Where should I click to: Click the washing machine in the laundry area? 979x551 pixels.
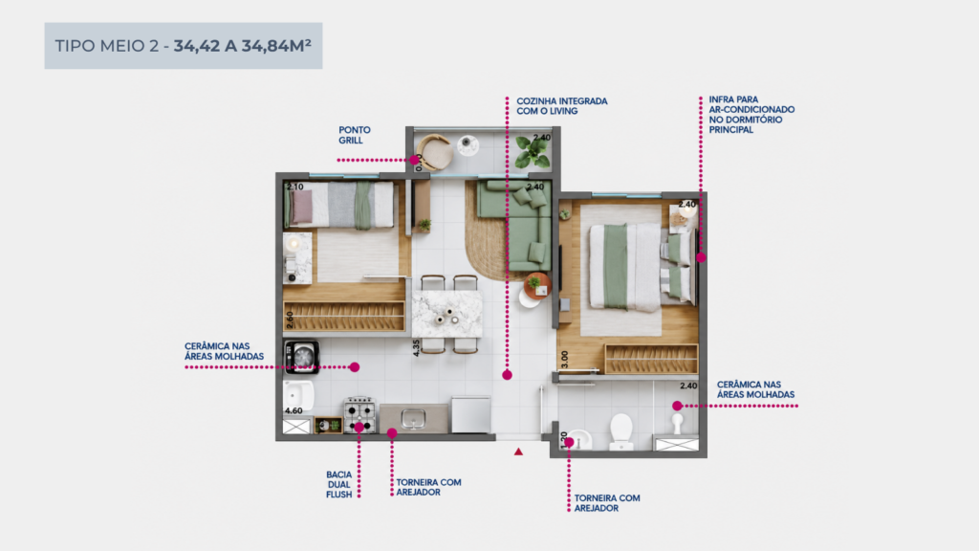click(x=302, y=357)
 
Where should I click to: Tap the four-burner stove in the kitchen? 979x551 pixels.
click(x=360, y=415)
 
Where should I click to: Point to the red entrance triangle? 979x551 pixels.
click(x=518, y=452)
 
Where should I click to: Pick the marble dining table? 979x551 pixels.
click(x=447, y=313)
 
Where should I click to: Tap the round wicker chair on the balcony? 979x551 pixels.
click(x=435, y=151)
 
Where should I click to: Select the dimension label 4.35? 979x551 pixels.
click(x=417, y=348)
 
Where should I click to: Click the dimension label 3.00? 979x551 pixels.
click(x=564, y=360)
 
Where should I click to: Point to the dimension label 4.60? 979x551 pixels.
click(x=294, y=410)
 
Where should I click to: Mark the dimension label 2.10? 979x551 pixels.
click(x=295, y=187)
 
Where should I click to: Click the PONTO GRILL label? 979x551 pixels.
click(x=355, y=135)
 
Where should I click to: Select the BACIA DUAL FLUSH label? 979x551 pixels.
click(x=339, y=484)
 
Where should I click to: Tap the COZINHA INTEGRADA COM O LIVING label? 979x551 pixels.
click(x=562, y=106)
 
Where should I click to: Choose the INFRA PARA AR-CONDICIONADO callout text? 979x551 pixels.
click(x=751, y=115)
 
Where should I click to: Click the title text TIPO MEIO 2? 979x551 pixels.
click(x=107, y=46)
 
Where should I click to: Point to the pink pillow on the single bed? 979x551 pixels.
click(x=303, y=207)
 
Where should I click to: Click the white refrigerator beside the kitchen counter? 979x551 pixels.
click(x=470, y=414)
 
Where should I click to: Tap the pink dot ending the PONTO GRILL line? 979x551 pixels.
click(x=415, y=160)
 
